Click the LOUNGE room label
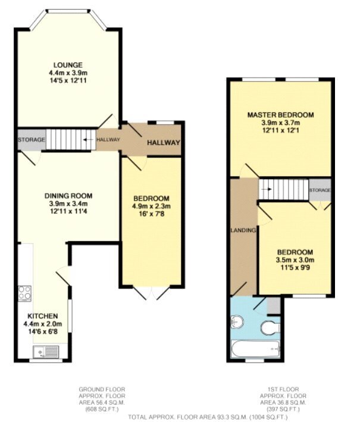[x=67, y=64]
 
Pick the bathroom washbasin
[x=236, y=322]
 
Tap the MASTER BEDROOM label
[x=280, y=114]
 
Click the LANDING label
[x=244, y=230]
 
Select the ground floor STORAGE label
[x=32, y=140]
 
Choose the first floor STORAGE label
[x=320, y=190]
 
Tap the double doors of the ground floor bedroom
[x=151, y=292]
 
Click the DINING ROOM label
[x=67, y=195]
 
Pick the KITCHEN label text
[x=42, y=315]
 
